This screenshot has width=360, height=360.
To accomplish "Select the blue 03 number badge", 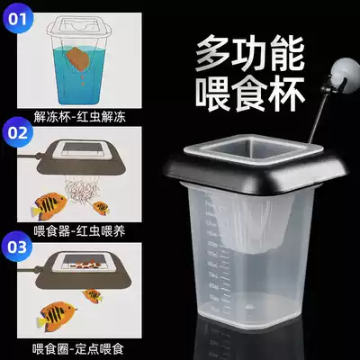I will [19, 246].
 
